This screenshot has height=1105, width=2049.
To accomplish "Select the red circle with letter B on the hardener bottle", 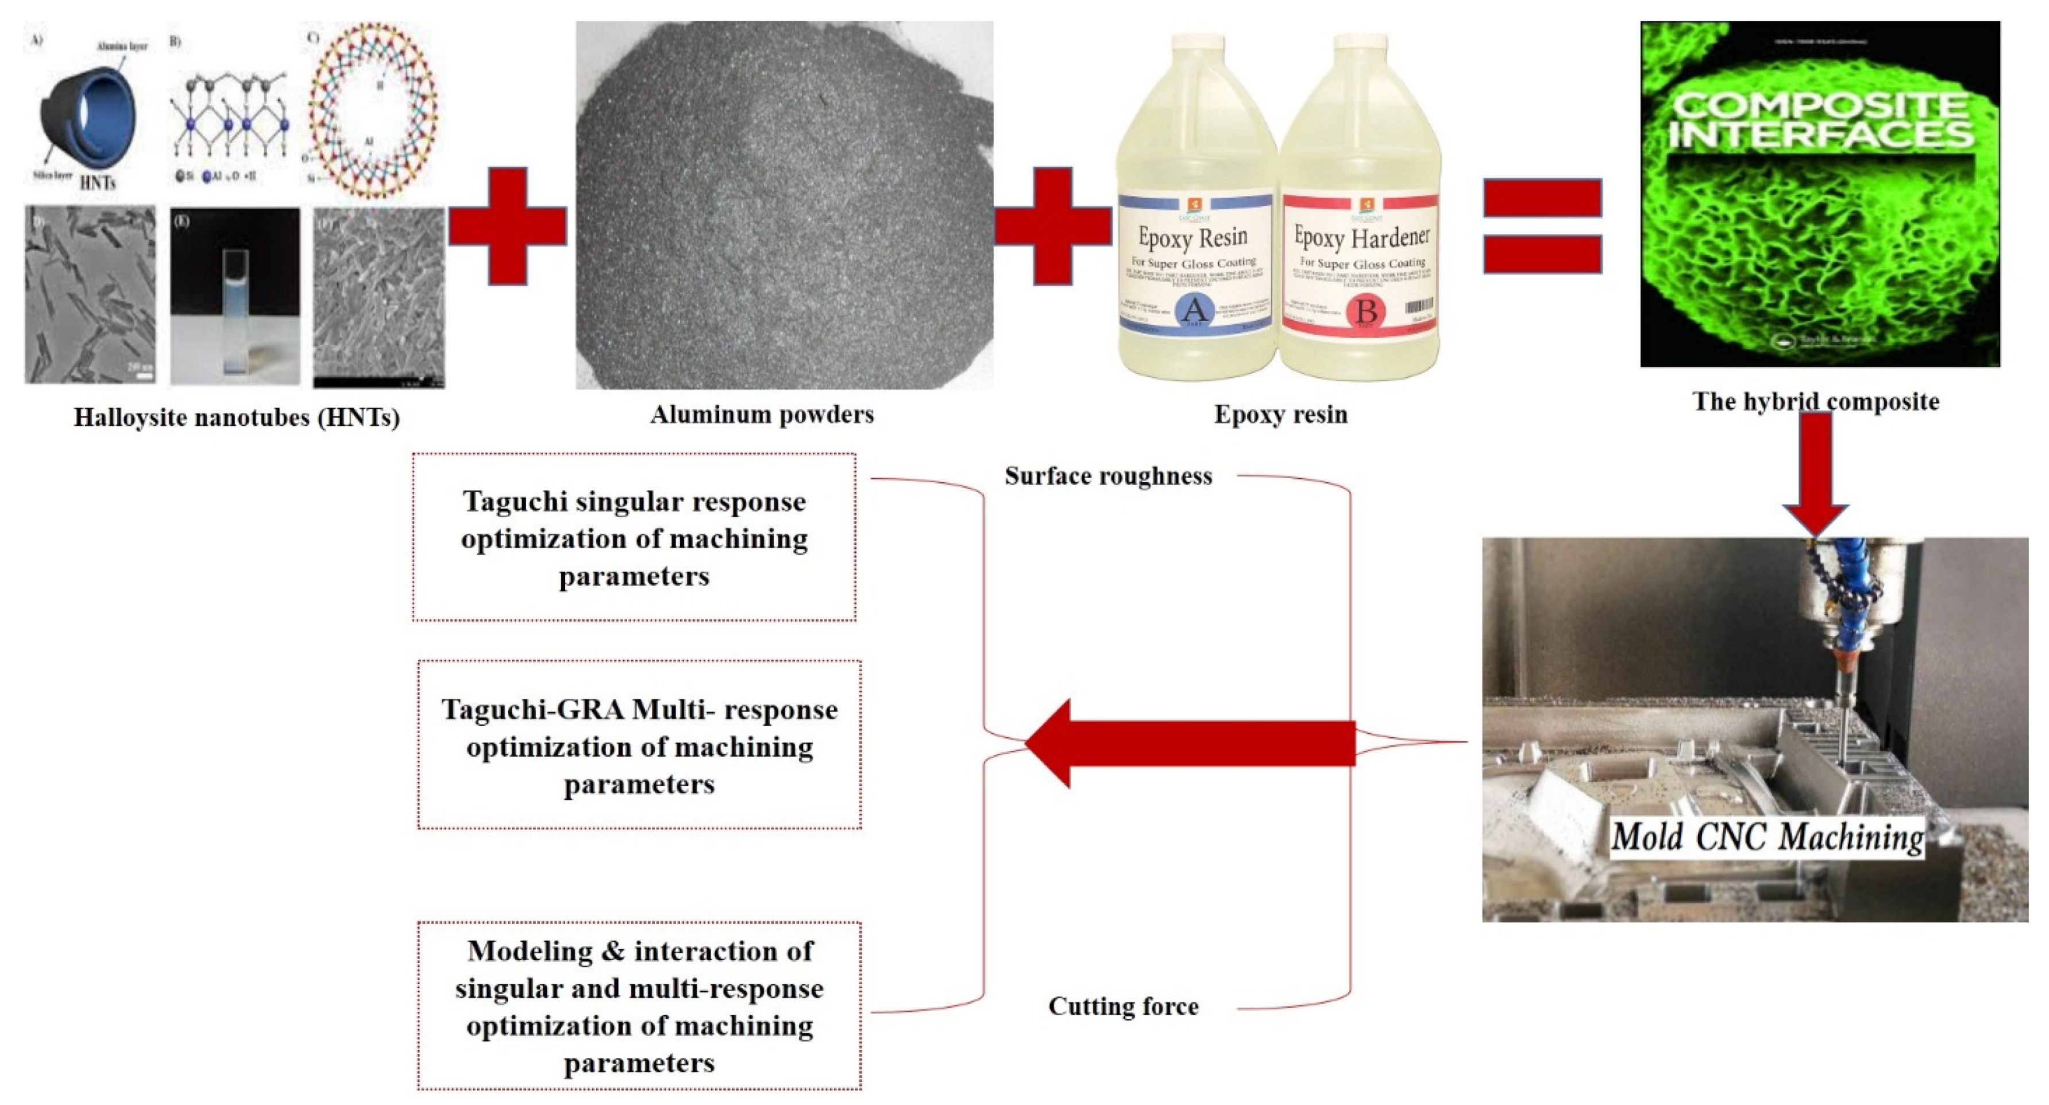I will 1366,313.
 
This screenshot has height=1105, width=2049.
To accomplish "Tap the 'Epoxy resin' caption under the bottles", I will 1280,414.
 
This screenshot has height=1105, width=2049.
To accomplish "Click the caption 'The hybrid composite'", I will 1815,401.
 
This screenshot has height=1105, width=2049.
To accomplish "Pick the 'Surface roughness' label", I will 1108,476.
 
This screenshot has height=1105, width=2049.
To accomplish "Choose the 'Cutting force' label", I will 1122,1006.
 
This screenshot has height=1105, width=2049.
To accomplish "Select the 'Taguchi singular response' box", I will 634,538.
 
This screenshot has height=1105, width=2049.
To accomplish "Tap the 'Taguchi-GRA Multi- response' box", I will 639,745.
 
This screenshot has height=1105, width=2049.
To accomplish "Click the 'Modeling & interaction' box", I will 639,1006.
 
